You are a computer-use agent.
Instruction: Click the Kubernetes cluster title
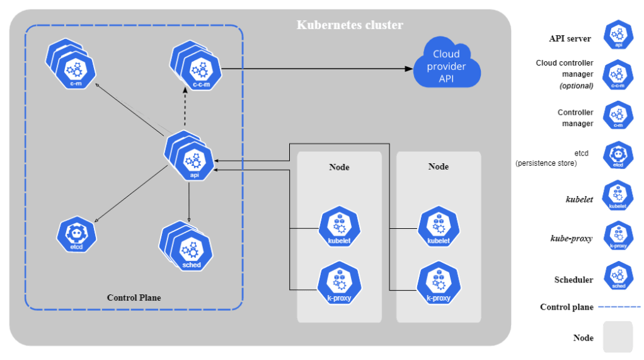click(350, 26)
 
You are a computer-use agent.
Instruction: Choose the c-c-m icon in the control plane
click(200, 69)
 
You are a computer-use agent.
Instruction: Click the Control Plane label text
click(134, 298)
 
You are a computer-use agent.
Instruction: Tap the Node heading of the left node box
click(339, 167)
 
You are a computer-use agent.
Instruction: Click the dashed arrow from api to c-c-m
click(185, 110)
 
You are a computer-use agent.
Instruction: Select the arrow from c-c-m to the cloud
click(315, 68)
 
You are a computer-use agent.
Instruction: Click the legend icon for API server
click(618, 35)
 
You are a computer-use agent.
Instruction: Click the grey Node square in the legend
click(618, 337)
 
